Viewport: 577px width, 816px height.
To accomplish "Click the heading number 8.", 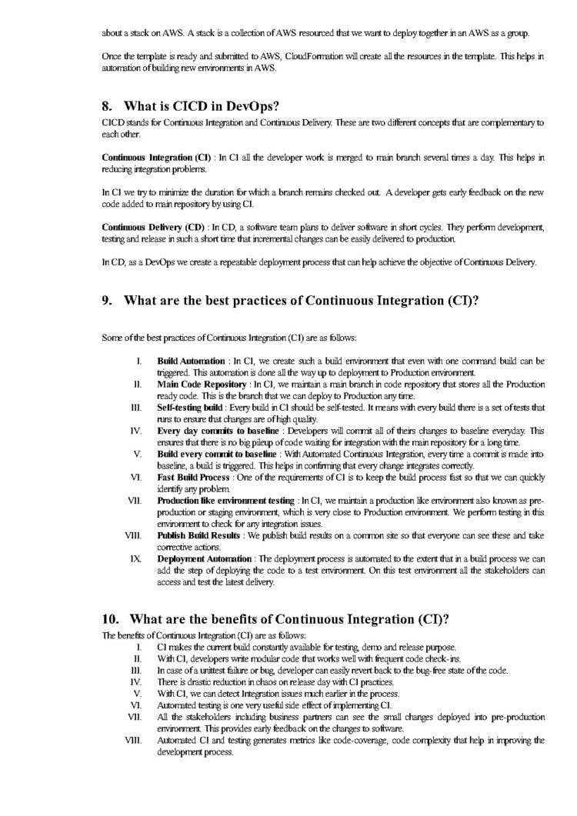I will (x=108, y=106).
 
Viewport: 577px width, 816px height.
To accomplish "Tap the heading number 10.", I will (x=111, y=618).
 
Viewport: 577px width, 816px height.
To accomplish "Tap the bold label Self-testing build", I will (x=189, y=406).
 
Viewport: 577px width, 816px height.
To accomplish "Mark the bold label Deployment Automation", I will (x=204, y=557).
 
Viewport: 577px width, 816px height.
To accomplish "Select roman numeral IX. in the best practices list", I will (x=136, y=557).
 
